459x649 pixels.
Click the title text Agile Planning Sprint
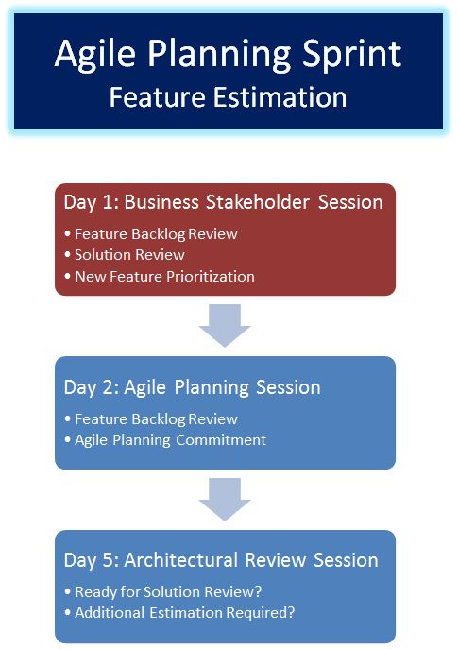228,54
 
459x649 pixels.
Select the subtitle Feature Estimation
228,97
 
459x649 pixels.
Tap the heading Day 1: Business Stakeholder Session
223,202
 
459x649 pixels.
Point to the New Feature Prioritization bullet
160,276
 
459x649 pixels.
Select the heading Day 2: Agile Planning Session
192,387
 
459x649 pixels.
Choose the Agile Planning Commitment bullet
165,439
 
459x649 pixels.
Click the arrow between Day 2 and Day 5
225,499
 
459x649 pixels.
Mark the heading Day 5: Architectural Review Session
221,560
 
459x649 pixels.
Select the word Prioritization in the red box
211,276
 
